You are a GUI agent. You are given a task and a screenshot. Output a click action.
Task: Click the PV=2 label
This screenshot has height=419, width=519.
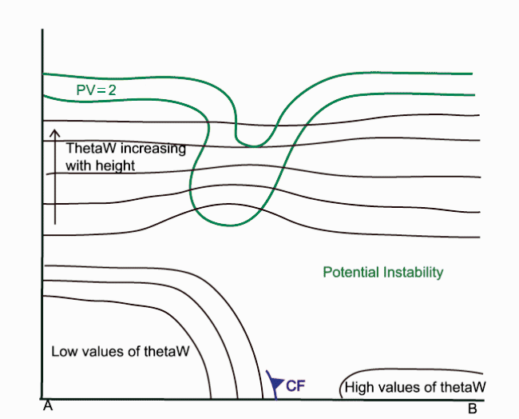point(97,90)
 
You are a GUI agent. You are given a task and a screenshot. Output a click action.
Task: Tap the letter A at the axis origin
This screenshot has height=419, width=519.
point(48,408)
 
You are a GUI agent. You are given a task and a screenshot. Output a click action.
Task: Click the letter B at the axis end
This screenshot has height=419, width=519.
point(472,409)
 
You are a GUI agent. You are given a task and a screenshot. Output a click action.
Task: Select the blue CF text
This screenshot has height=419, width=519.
point(295,386)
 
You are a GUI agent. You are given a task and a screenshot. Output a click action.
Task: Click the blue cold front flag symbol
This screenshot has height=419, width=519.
point(275,384)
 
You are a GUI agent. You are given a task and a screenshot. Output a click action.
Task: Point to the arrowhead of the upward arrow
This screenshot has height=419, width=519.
point(53,133)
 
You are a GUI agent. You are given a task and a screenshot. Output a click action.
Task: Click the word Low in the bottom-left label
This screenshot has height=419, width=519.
point(63,351)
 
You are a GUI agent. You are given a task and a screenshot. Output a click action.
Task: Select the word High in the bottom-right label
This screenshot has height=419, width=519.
point(360,388)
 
